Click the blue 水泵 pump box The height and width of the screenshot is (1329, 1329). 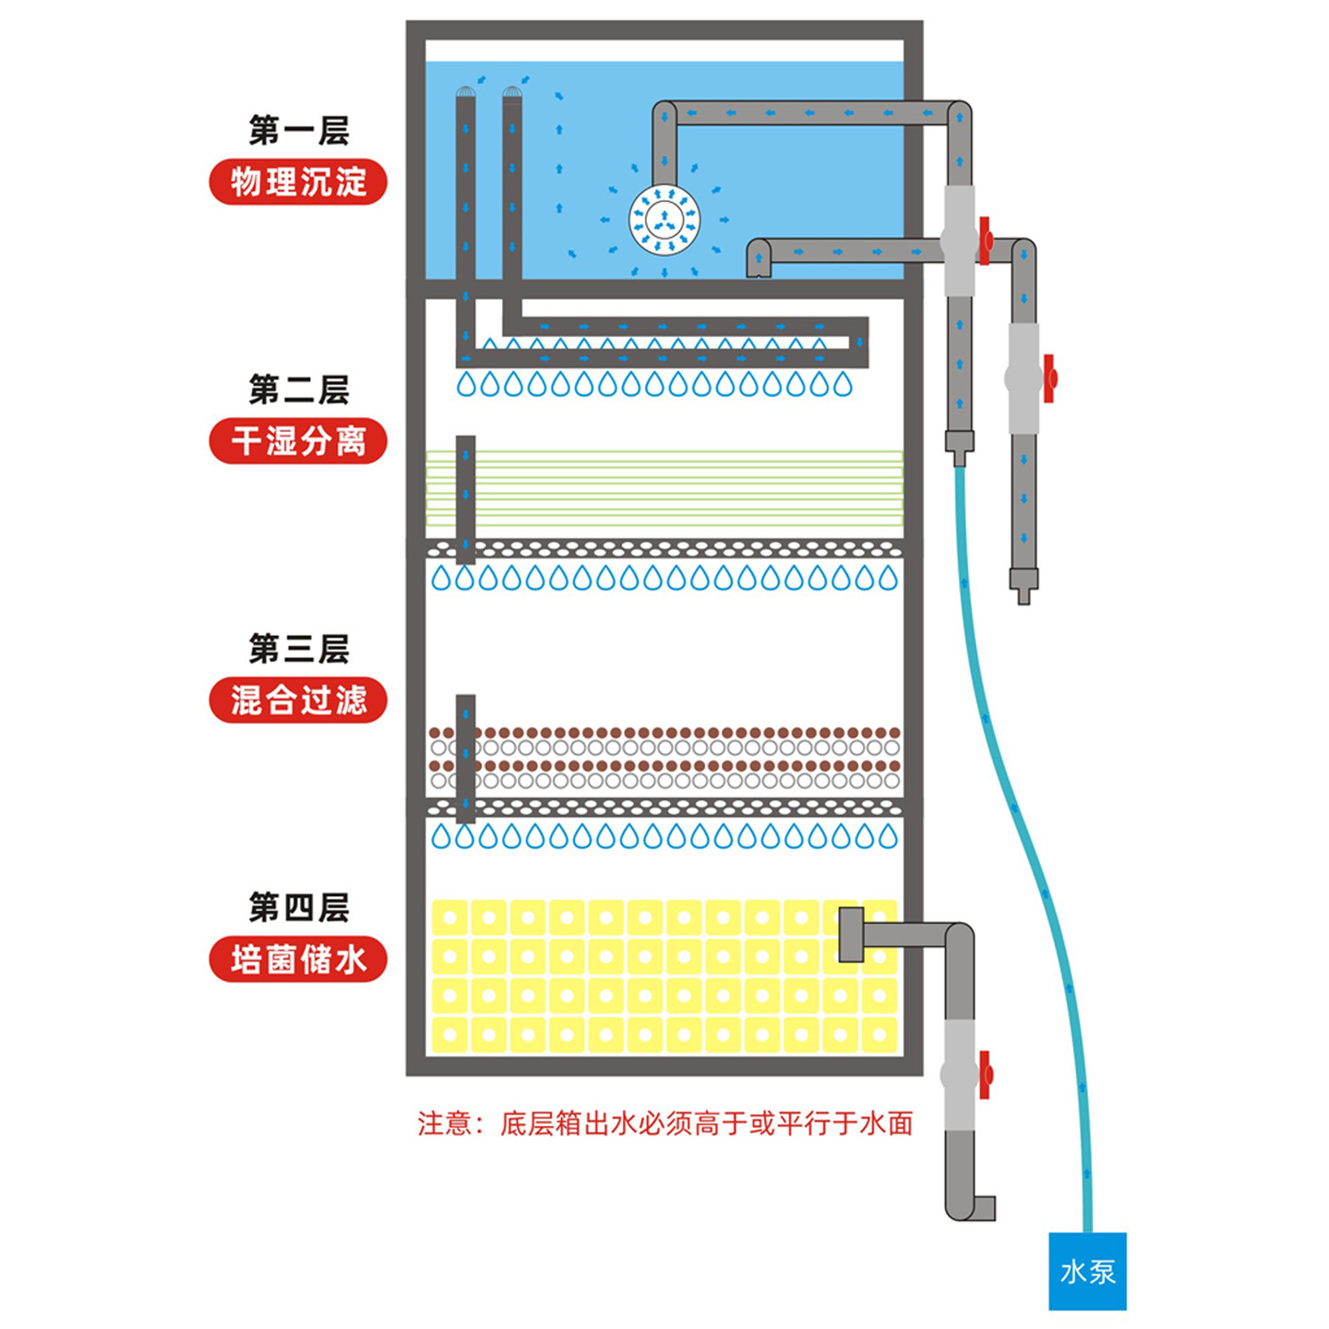(x=1087, y=1271)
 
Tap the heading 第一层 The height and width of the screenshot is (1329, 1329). (x=298, y=131)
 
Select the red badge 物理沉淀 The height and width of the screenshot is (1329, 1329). (x=297, y=182)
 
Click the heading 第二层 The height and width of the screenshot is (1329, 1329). (x=298, y=390)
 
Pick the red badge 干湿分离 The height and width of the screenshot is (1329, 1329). (x=297, y=441)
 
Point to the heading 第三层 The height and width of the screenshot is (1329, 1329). (x=298, y=650)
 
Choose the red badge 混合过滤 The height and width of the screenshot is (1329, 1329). (x=297, y=700)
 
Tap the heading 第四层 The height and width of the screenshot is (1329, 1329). (x=298, y=908)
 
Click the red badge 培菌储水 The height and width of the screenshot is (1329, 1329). (x=297, y=960)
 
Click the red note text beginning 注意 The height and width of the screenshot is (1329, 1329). (x=664, y=1123)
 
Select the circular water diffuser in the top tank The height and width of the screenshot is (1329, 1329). (x=664, y=221)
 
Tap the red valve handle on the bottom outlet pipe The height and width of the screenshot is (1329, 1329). (x=985, y=1075)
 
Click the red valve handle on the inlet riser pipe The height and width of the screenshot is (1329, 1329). (x=986, y=242)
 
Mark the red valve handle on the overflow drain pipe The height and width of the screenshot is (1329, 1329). (x=1048, y=378)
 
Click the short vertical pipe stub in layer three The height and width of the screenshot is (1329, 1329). (x=466, y=757)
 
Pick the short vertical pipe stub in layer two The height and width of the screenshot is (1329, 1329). (x=466, y=498)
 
